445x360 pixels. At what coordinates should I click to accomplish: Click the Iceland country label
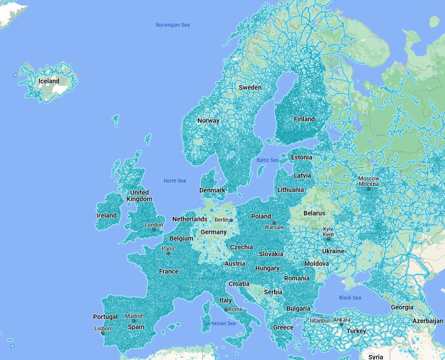pos(49,81)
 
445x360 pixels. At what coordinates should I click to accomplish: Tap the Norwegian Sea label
pos(173,25)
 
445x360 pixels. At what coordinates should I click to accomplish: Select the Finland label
pos(304,119)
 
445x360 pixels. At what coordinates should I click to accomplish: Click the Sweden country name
pos(250,87)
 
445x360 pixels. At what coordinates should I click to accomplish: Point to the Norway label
pos(208,120)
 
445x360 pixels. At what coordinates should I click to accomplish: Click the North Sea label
pos(174,181)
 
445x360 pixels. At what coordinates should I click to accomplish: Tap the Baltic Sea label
pos(267,160)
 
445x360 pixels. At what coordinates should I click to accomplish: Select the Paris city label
pos(168,249)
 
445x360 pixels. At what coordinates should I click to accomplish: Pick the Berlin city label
pos(221,220)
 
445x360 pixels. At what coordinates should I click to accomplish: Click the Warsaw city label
pos(274,227)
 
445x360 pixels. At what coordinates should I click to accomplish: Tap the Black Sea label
pos(350,298)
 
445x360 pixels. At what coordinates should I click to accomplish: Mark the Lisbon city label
pos(102,329)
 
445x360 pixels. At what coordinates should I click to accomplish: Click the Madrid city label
pos(133,316)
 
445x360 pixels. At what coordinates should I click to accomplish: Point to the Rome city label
pos(235,309)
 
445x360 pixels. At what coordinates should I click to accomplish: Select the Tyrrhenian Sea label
pos(219,323)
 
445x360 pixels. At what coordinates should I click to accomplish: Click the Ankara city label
pos(341,320)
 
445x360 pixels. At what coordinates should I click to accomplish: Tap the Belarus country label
pos(314,213)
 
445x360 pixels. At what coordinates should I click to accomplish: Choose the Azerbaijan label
pos(427,322)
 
